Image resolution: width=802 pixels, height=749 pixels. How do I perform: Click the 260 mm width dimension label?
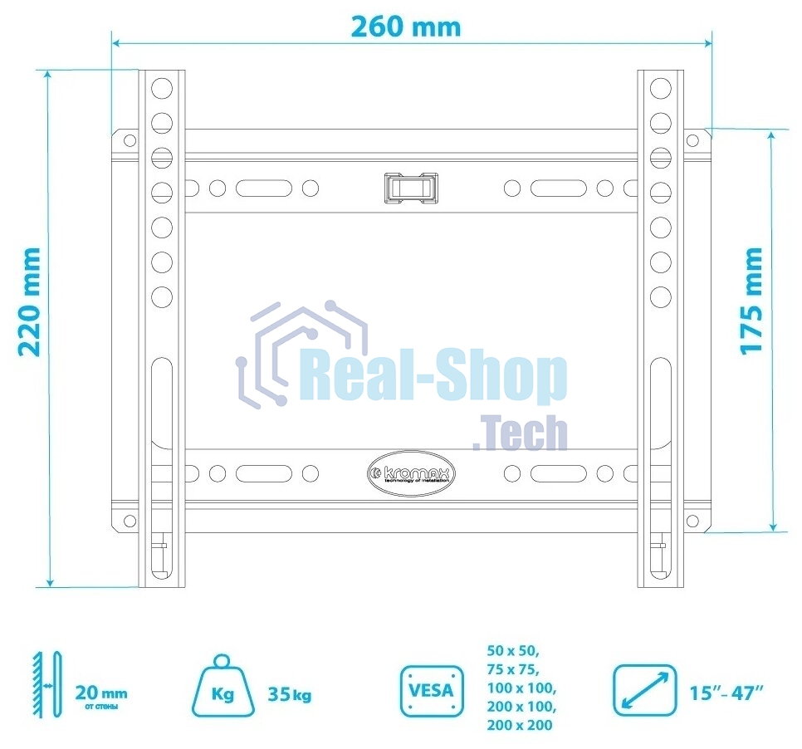pyautogui.click(x=405, y=26)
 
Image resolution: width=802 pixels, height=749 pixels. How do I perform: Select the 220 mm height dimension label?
pyautogui.click(x=31, y=301)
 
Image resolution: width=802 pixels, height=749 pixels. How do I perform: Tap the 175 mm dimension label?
pyautogui.click(x=752, y=300)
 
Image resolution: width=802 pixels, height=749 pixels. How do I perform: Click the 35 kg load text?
pyautogui.click(x=290, y=694)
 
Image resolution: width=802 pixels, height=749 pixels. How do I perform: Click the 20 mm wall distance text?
pyautogui.click(x=101, y=693)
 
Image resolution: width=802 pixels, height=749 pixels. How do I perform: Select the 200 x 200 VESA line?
pyautogui.click(x=521, y=725)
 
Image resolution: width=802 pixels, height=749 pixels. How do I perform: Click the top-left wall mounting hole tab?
pyautogui.click(x=128, y=140)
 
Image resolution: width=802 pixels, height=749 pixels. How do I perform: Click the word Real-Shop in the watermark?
pyautogui.click(x=433, y=378)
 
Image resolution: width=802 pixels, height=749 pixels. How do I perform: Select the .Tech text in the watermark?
pyautogui.click(x=521, y=433)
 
